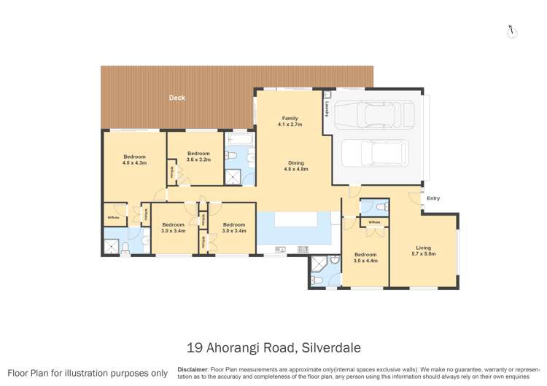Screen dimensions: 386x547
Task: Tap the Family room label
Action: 290,118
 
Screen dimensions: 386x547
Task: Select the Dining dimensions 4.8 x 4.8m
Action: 295,169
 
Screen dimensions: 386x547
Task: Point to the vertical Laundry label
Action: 327,108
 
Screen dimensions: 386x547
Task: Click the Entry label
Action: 433,198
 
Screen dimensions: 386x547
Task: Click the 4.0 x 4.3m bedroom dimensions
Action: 134,163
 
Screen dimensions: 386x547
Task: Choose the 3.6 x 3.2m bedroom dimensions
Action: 198,159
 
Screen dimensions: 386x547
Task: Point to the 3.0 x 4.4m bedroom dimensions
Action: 365,260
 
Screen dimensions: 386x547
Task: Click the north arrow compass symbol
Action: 511,31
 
